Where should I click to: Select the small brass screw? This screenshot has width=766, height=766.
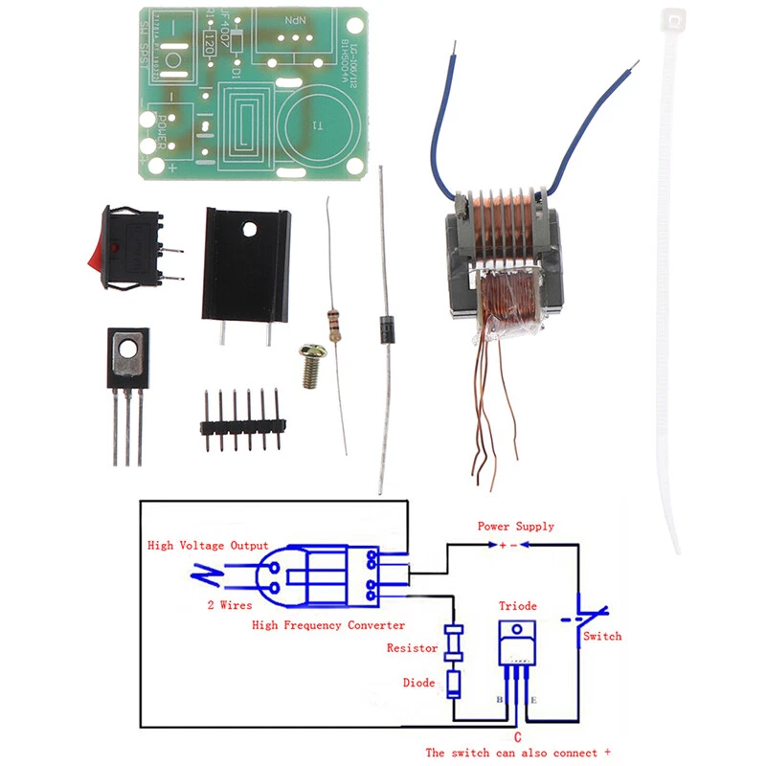(x=313, y=365)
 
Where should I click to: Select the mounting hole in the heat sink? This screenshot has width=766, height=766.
(x=251, y=231)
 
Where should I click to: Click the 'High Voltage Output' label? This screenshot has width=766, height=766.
(x=208, y=546)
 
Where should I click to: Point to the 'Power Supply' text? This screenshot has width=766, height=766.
(x=515, y=527)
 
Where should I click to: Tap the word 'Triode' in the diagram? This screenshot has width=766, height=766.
(x=518, y=606)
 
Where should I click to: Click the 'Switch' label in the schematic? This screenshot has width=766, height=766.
(x=602, y=636)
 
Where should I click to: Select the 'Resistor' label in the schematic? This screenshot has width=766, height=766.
(x=412, y=648)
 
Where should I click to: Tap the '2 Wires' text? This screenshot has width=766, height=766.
(x=230, y=605)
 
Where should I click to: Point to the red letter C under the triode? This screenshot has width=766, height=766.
(x=517, y=737)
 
